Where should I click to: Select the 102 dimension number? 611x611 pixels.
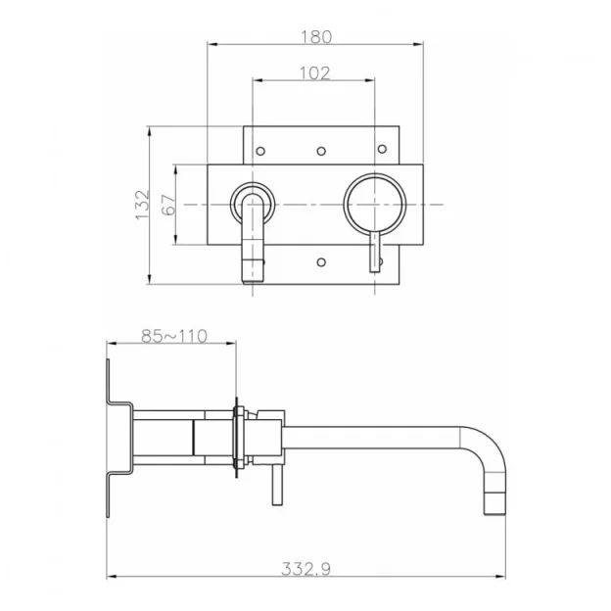coord(314,72)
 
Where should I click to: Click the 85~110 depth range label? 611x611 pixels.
coord(173,335)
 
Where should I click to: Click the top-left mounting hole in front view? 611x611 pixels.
coord(261,150)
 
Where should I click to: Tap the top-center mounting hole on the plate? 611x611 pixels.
coord(321,150)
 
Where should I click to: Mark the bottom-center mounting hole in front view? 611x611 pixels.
coord(321,260)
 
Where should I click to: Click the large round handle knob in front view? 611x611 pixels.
coord(374,204)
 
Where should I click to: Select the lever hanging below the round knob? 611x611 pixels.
coord(374,252)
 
